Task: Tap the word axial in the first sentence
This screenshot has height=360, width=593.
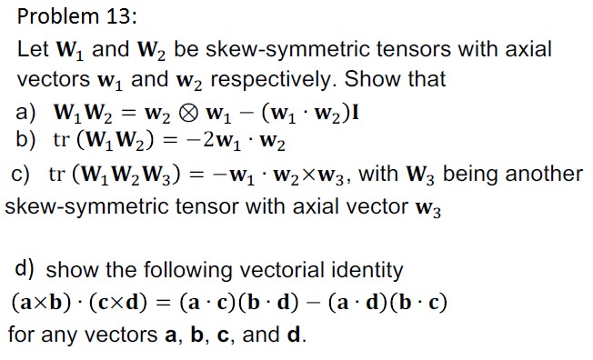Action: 528,48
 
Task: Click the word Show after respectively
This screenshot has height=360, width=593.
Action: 377,79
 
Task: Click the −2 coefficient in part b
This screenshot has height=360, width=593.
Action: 201,142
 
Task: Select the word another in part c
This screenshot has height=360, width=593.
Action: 544,173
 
